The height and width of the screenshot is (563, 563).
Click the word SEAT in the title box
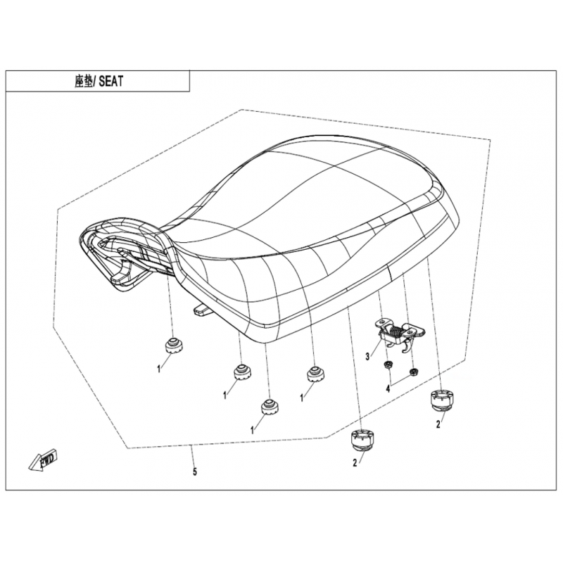click(110, 82)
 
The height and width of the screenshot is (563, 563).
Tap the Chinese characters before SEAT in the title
click(84, 82)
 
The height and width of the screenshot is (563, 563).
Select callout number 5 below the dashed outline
click(195, 472)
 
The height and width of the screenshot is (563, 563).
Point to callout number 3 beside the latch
click(367, 357)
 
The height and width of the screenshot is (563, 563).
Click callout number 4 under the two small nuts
click(388, 388)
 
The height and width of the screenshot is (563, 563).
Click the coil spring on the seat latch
click(395, 329)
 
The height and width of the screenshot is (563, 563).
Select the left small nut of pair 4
click(388, 365)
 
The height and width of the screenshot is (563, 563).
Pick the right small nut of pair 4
click(413, 371)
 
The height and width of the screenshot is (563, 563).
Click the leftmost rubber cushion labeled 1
click(174, 346)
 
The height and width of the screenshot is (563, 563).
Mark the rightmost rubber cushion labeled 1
click(316, 374)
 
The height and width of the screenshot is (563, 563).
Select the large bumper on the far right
click(442, 401)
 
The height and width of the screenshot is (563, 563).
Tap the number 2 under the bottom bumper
click(355, 463)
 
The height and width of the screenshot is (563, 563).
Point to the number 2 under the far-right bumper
click(438, 424)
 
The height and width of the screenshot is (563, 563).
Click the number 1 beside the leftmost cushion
click(159, 369)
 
